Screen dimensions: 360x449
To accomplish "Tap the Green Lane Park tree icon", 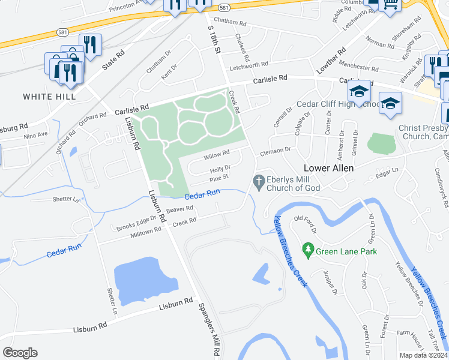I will pyautogui.click(x=308, y=248).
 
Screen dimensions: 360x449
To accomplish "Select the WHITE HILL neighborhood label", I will pyautogui.click(x=49, y=96).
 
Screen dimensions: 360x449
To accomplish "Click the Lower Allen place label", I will pyautogui.click(x=328, y=168).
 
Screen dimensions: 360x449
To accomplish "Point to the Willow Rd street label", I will pyautogui.click(x=217, y=156).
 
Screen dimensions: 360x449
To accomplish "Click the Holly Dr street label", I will pyautogui.click(x=221, y=169).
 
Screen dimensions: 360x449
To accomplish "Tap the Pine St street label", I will pyautogui.click(x=219, y=178).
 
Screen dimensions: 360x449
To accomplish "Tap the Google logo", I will pyautogui.click(x=20, y=352).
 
